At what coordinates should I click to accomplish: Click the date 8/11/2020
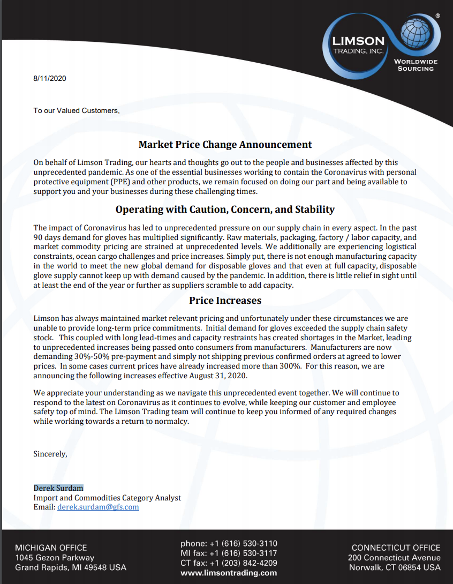(x=49, y=78)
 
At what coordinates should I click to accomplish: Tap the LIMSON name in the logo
(x=358, y=41)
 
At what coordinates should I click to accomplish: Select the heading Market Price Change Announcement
(x=225, y=144)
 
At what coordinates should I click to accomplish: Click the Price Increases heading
(x=225, y=300)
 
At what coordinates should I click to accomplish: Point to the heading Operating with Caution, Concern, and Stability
(x=225, y=209)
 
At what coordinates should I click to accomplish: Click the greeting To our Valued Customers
(x=76, y=110)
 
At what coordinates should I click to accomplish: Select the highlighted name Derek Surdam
(x=58, y=488)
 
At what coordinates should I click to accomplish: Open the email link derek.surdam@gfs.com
(x=98, y=507)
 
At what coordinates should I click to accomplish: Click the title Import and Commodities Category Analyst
(x=107, y=498)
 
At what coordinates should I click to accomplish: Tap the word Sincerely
(x=50, y=454)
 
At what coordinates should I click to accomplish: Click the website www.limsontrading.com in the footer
(x=229, y=573)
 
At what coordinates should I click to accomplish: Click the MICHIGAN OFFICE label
(x=51, y=548)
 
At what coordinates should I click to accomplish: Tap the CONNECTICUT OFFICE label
(x=396, y=548)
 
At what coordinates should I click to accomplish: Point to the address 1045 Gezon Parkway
(x=55, y=558)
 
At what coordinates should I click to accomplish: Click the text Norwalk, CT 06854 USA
(x=395, y=567)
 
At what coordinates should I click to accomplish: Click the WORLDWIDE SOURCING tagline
(x=416, y=65)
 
